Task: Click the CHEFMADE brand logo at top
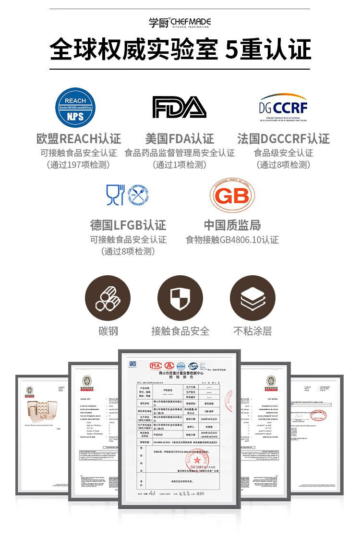[180, 23]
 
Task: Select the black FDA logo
[180, 107]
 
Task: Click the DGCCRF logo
[283, 107]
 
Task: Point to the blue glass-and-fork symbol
[115, 195]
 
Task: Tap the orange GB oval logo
[232, 195]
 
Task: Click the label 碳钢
[108, 331]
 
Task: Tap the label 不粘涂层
[252, 331]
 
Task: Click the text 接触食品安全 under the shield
[180, 331]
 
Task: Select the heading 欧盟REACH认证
[79, 139]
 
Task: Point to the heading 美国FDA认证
[180, 139]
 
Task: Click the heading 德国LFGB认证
[128, 225]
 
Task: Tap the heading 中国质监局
[232, 225]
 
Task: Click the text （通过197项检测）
[79, 165]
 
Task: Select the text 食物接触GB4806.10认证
[232, 240]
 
